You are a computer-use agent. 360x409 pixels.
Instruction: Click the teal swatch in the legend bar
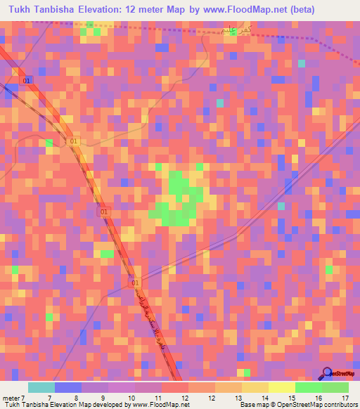coord(41,387)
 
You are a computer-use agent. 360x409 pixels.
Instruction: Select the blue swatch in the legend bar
coord(68,387)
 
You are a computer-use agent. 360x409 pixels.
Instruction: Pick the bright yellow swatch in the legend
coord(282,387)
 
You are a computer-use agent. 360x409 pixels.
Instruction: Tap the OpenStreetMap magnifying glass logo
coord(327,372)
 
